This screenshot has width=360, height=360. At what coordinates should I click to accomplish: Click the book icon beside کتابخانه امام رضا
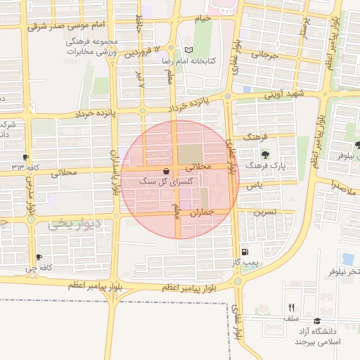(187, 51)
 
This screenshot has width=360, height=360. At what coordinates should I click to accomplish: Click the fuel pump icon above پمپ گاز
(244, 252)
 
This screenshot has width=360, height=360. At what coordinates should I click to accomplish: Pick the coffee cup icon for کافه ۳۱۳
(26, 157)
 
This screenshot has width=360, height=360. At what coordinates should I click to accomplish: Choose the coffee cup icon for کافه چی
(38, 257)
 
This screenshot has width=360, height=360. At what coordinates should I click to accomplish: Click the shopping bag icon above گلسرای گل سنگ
(165, 171)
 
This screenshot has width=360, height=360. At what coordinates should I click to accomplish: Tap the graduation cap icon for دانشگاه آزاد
(327, 321)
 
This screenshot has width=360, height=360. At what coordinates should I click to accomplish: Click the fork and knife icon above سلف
(291, 307)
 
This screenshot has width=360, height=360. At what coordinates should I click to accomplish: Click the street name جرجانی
(269, 53)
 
